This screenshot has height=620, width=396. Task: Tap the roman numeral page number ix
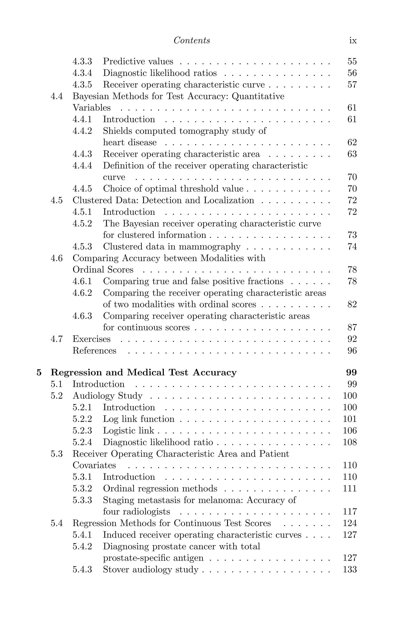353,41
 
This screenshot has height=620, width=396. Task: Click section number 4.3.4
82,73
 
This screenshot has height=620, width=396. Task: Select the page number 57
352,85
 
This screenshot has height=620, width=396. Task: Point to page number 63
352,154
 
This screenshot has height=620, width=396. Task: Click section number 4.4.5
82,189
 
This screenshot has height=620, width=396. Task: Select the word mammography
209,247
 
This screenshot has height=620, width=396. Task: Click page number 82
352,304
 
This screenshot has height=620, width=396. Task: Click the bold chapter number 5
39,373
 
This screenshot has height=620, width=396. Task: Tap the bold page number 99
351,373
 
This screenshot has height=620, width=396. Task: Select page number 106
350,430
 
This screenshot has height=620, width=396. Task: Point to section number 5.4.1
82,535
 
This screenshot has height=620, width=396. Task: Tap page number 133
350,570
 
